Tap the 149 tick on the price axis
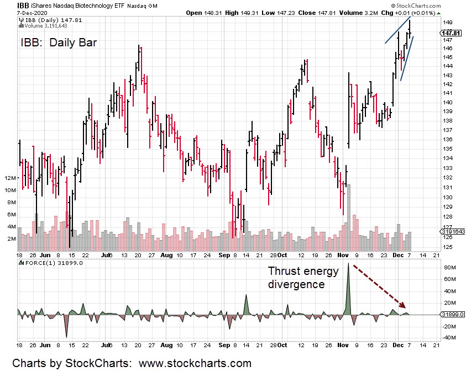[447, 23]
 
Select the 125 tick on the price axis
[447, 247]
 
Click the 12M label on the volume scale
[10, 178]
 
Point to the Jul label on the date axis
[107, 256]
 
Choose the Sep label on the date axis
[223, 256]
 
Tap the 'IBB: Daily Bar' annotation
[59, 43]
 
